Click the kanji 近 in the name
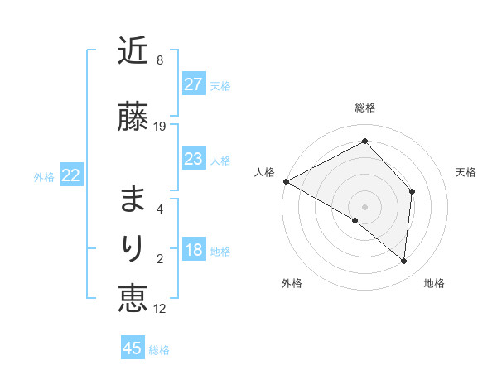click(133, 51)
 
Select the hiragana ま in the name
click(133, 199)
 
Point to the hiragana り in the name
click(133, 248)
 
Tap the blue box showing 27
click(193, 84)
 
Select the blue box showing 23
click(193, 159)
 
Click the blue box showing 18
click(193, 251)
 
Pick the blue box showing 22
click(71, 175)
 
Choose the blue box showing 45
click(133, 348)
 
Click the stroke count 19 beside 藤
click(160, 127)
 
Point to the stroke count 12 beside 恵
click(160, 309)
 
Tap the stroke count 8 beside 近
click(160, 60)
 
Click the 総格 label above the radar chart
click(365, 108)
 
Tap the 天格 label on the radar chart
click(466, 172)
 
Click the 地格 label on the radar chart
click(434, 283)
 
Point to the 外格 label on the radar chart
click(292, 283)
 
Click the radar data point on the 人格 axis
click(286, 181)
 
